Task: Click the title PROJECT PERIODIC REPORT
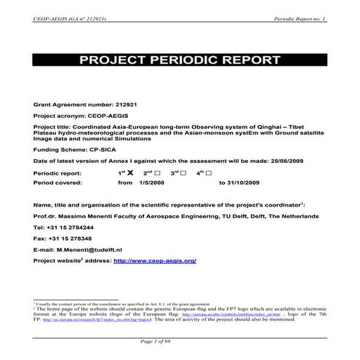click(x=180, y=62)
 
